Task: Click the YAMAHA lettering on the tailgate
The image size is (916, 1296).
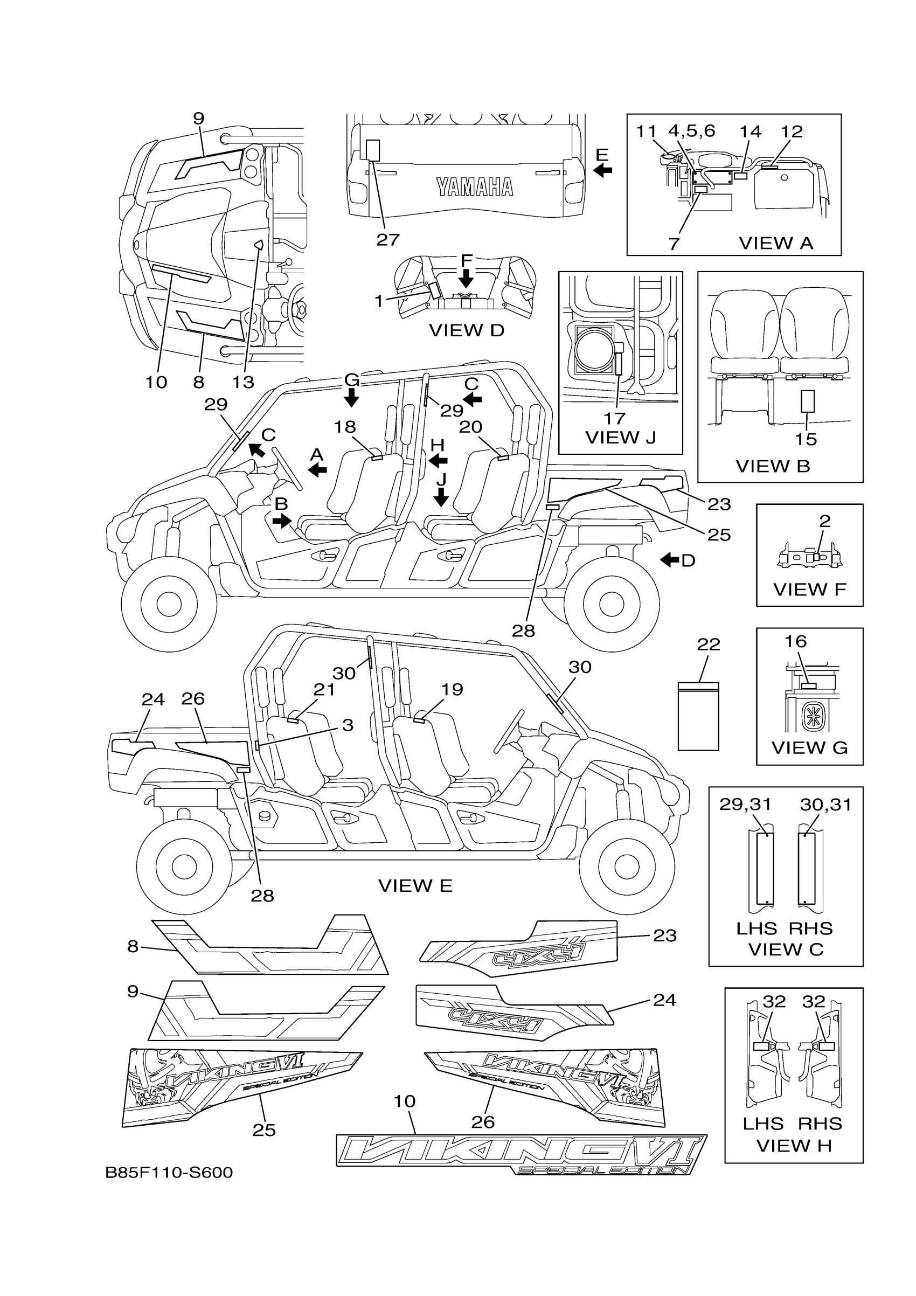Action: [x=475, y=187]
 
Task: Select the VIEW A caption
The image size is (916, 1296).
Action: [x=775, y=243]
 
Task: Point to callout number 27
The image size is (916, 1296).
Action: [x=388, y=240]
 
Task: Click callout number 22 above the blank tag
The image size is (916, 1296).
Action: [x=709, y=644]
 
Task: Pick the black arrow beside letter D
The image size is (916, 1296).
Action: [x=670, y=560]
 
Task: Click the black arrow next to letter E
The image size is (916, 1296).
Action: [x=603, y=169]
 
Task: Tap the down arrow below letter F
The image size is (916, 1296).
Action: [x=466, y=278]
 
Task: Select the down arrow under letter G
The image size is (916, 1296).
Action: [x=352, y=399]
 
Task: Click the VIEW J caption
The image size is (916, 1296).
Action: [x=620, y=438]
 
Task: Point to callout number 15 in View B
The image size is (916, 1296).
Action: [x=806, y=439]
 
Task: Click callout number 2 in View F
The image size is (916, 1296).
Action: [x=824, y=521]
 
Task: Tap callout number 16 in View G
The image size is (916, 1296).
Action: [x=795, y=641]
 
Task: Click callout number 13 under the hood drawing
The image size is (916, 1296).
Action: [x=243, y=382]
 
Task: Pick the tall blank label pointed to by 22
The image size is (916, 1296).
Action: [x=698, y=717]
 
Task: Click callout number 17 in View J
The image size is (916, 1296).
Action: [x=615, y=418]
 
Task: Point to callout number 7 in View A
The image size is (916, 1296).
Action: [x=674, y=244]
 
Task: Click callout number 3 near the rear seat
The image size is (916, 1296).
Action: [x=348, y=725]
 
